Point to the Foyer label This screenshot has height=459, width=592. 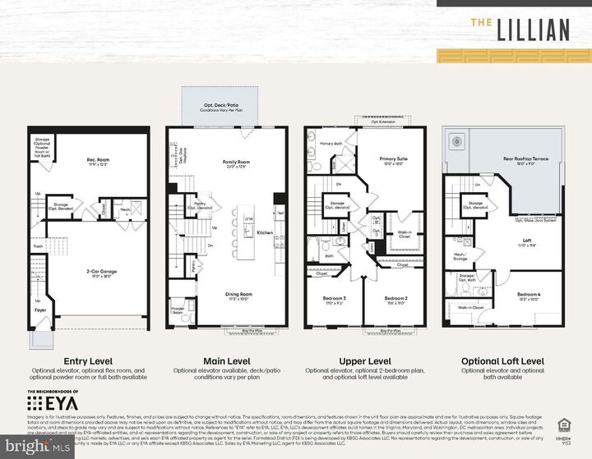(38, 311)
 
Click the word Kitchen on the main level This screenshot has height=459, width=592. (264, 233)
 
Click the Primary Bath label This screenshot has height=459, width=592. (329, 143)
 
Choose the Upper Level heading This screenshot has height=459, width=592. (364, 361)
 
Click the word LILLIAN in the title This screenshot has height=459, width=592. (532, 30)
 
